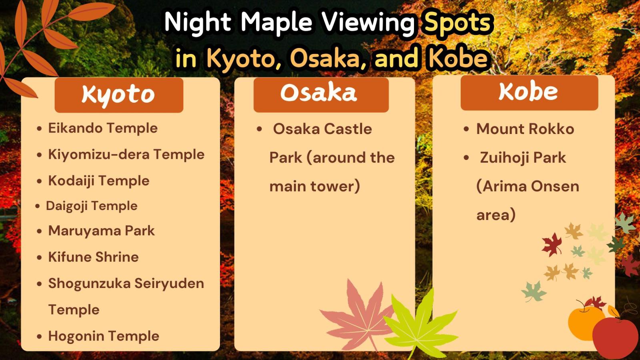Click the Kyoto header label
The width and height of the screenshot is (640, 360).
tap(118, 95)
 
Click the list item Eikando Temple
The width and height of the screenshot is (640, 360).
tap(103, 128)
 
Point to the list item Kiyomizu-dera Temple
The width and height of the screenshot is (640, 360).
tap(126, 154)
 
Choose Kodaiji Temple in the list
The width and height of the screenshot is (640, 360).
tap(99, 181)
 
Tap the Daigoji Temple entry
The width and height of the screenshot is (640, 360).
tap(92, 206)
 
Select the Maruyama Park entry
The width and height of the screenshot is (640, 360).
tap(102, 231)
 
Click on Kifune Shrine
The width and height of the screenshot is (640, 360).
tap(94, 257)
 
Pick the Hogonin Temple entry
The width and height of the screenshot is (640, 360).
tap(104, 336)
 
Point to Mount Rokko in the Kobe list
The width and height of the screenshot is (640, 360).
tap(525, 129)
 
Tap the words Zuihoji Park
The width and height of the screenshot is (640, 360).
tap(523, 158)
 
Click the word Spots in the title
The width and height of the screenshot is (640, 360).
tap(458, 23)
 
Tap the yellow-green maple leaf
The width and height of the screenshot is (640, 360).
tap(420, 324)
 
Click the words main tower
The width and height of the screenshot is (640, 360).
tap(314, 186)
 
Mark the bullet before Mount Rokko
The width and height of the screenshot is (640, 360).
tap(466, 129)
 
